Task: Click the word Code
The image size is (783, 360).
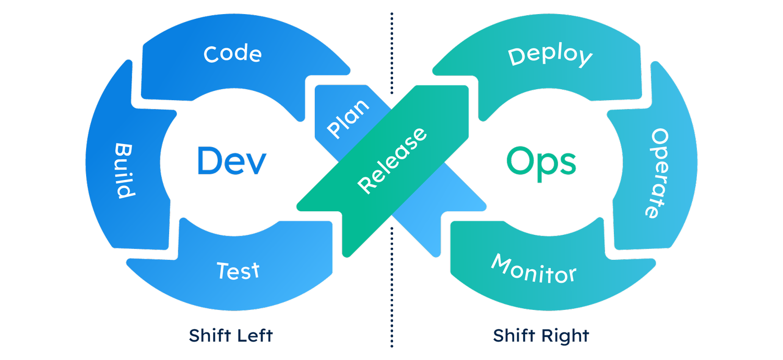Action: point(232,54)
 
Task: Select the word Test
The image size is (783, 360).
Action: point(238,271)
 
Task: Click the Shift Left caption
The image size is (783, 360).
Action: point(231,335)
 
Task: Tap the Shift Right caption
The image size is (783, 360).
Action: point(541,335)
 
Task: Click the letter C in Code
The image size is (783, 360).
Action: point(211,54)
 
